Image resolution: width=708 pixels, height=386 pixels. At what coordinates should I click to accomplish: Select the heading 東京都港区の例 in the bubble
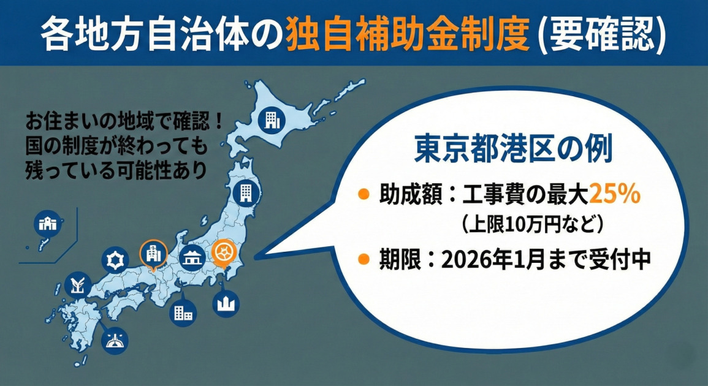(x=513, y=149)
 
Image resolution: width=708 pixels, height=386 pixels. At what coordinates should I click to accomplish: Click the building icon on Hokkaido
(x=270, y=119)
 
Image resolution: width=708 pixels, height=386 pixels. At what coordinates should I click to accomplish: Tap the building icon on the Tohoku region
(x=245, y=192)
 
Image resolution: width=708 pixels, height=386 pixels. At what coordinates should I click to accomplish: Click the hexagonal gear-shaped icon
(x=113, y=259)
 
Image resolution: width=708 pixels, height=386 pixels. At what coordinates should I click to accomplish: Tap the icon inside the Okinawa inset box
(x=47, y=224)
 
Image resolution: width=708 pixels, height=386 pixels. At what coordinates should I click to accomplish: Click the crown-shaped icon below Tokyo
(x=226, y=303)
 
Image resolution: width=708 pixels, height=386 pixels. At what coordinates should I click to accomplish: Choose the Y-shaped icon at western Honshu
(x=78, y=286)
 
